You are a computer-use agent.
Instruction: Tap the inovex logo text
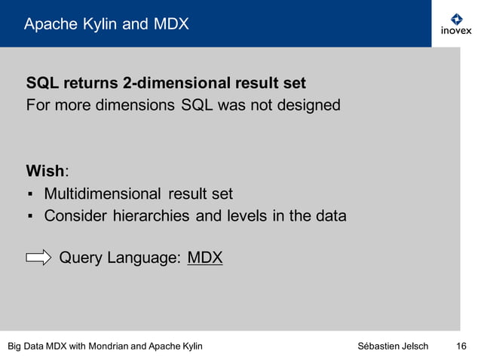pyautogui.click(x=456, y=31)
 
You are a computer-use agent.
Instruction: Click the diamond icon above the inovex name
pyautogui.click(x=456, y=18)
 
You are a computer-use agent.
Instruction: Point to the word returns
pyautogui.click(x=89, y=82)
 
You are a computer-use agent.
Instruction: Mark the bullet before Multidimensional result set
pyautogui.click(x=29, y=195)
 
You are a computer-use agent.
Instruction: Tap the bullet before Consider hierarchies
pyautogui.click(x=29, y=217)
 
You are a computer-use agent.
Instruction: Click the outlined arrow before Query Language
pyautogui.click(x=38, y=258)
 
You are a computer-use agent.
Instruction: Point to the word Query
pyautogui.click(x=80, y=258)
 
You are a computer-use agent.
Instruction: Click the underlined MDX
pyautogui.click(x=205, y=258)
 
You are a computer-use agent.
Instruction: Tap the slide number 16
pyautogui.click(x=461, y=346)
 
